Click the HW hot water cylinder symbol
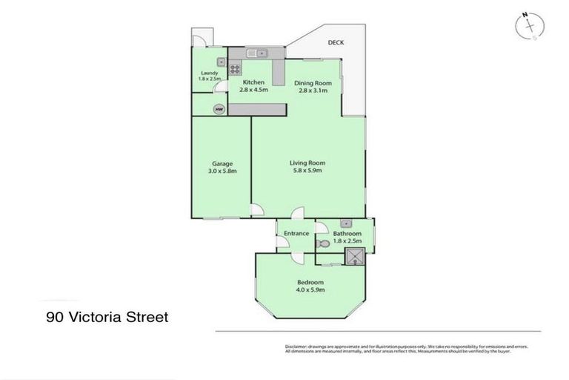(x=219, y=109)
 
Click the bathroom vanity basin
(x=345, y=223)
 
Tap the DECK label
(x=337, y=43)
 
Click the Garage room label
(x=222, y=163)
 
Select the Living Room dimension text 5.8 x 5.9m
(x=307, y=171)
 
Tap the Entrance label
(x=296, y=234)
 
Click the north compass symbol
(x=529, y=25)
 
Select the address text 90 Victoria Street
(x=107, y=317)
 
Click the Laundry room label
(x=210, y=73)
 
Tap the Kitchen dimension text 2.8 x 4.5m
(x=253, y=90)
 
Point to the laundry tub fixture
(x=220, y=62)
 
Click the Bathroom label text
(x=347, y=233)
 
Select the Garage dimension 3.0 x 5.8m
(x=222, y=171)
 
